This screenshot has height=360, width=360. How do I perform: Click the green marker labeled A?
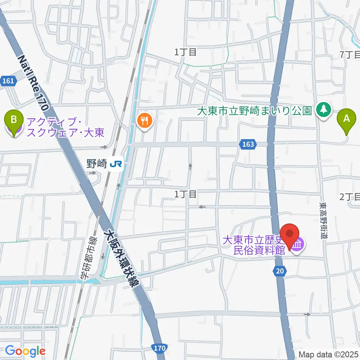346,120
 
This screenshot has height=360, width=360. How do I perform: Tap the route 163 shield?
248,144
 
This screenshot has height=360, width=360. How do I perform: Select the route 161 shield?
8,81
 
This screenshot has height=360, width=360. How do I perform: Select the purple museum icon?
299,246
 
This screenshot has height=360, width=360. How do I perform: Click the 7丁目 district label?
349,55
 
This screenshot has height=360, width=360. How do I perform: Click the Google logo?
25,351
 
